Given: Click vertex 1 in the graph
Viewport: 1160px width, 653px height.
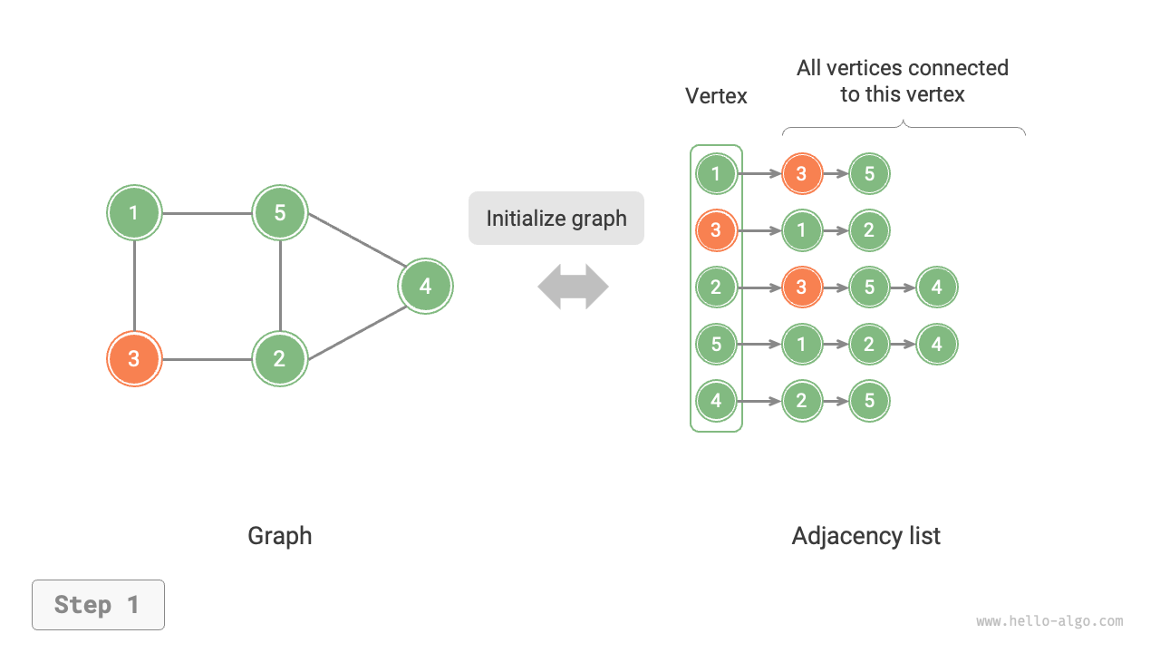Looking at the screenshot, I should [134, 213].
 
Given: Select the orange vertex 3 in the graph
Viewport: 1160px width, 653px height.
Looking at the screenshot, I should [134, 358].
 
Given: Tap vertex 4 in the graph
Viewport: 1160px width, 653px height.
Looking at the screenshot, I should [425, 287].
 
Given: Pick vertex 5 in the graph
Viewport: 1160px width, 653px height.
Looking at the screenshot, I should [280, 213].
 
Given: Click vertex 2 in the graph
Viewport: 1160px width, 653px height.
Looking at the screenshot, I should [280, 358].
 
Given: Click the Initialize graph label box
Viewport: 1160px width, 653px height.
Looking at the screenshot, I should [556, 218].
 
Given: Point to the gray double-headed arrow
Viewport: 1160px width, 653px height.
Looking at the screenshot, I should [573, 287].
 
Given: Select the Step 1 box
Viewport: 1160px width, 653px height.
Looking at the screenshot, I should [98, 605].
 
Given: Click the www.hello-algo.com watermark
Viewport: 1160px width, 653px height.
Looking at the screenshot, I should [1049, 621].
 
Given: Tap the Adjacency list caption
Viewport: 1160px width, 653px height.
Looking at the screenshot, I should [865, 536].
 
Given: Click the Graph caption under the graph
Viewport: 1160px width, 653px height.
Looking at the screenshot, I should [279, 536].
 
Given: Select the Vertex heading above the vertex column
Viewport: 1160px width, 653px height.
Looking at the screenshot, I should [716, 96].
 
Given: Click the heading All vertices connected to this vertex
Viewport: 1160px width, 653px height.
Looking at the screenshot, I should [902, 81].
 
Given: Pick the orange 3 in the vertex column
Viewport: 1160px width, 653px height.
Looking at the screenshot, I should [716, 230].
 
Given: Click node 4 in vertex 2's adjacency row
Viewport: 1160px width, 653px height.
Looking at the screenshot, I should [936, 288].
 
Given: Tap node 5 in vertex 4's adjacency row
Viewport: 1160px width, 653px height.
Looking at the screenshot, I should [869, 401].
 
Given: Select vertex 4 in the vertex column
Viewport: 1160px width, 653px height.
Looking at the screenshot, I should [716, 401].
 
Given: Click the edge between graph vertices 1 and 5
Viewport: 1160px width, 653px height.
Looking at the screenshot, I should [207, 214].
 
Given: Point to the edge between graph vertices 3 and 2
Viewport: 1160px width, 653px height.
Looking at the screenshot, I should [207, 359].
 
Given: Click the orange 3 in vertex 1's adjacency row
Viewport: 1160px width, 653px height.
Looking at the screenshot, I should [801, 173].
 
